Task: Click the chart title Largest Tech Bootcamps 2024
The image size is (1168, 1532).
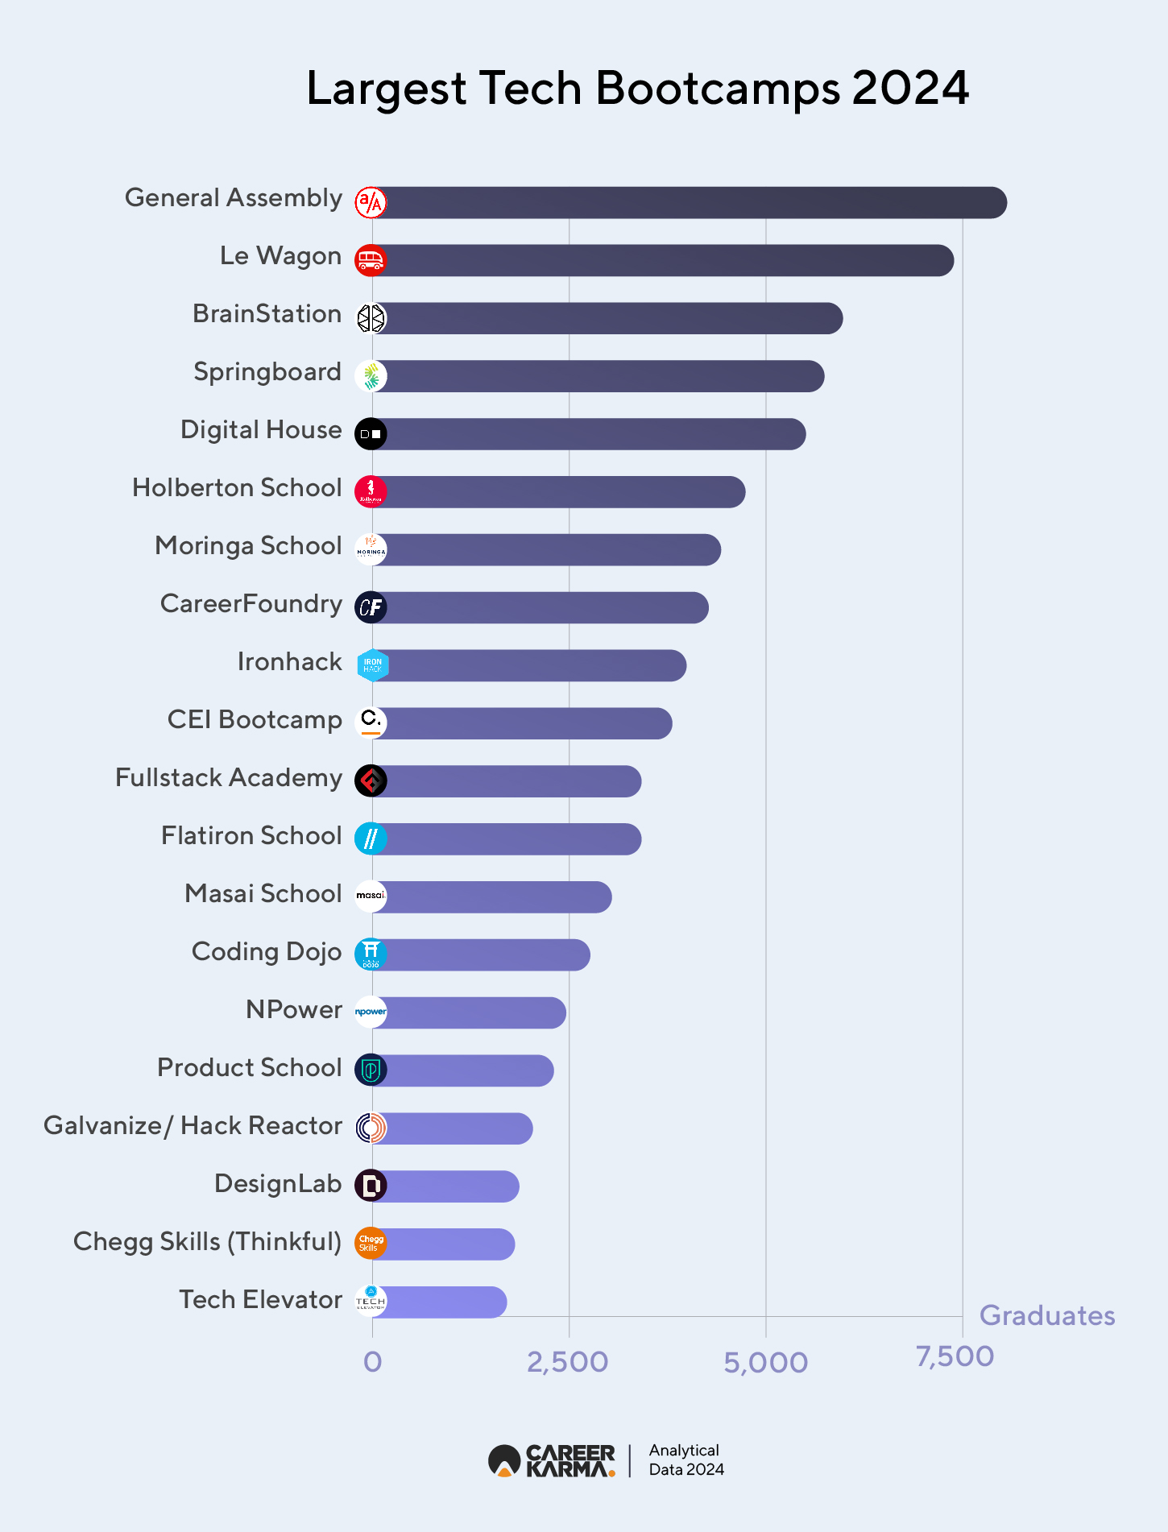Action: pos(637,88)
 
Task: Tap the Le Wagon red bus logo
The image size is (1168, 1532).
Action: pos(371,260)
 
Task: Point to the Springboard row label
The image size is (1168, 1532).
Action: pos(267,372)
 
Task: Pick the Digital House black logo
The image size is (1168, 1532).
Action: pos(371,434)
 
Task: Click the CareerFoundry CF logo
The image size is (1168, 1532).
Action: pos(371,607)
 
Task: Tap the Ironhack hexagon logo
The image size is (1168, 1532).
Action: pos(372,665)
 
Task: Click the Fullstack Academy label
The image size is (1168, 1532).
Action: pos(229,778)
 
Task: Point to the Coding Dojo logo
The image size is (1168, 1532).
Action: pos(371,954)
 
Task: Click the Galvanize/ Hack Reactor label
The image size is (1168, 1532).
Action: pos(193,1126)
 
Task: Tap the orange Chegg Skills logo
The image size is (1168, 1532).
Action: pos(371,1244)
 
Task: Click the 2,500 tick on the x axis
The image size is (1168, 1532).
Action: pos(568,1362)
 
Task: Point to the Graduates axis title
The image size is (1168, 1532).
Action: pos(1046,1315)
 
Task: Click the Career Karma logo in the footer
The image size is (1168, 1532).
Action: pos(552,1460)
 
